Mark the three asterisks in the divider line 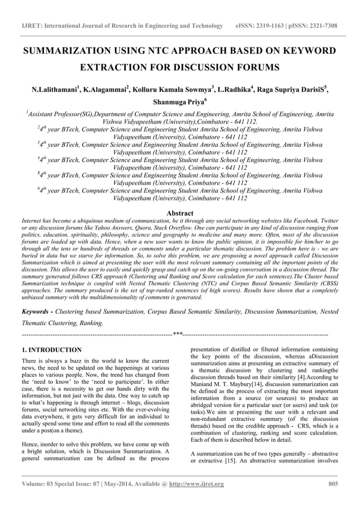(x=178, y=335)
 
